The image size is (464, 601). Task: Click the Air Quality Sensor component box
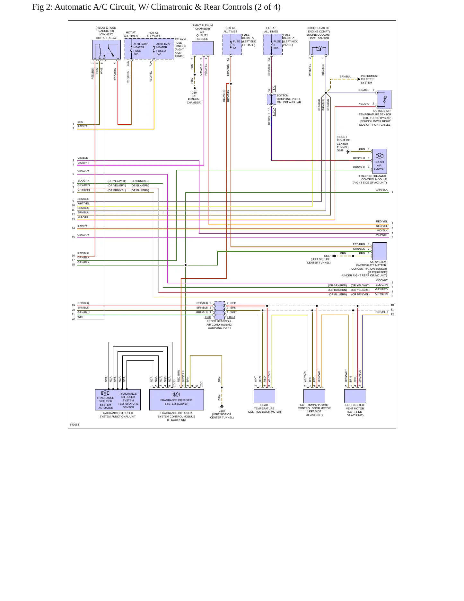click(x=202, y=48)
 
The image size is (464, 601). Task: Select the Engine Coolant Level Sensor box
click(x=319, y=48)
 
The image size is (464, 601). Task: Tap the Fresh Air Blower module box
click(x=379, y=161)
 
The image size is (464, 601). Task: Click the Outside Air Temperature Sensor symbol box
click(x=384, y=99)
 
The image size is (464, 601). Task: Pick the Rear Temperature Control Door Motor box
click(x=265, y=396)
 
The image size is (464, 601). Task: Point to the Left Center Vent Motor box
click(x=355, y=396)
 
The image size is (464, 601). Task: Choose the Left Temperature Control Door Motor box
click(x=314, y=396)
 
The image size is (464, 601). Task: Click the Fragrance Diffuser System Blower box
click(x=177, y=400)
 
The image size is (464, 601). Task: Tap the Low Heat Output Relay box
click(x=106, y=49)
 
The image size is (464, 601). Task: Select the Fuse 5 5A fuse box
click(x=232, y=44)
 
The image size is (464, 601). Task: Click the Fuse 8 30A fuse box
click(x=273, y=44)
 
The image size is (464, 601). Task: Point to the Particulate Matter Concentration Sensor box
click(x=380, y=251)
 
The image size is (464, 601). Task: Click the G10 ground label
click(x=194, y=93)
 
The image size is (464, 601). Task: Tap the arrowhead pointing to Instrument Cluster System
click(x=359, y=79)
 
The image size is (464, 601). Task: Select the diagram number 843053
click(x=74, y=425)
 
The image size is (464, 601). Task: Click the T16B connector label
click(x=208, y=317)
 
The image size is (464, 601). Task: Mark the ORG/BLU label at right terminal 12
click(x=381, y=312)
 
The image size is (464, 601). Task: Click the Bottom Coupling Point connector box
click(x=272, y=99)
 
